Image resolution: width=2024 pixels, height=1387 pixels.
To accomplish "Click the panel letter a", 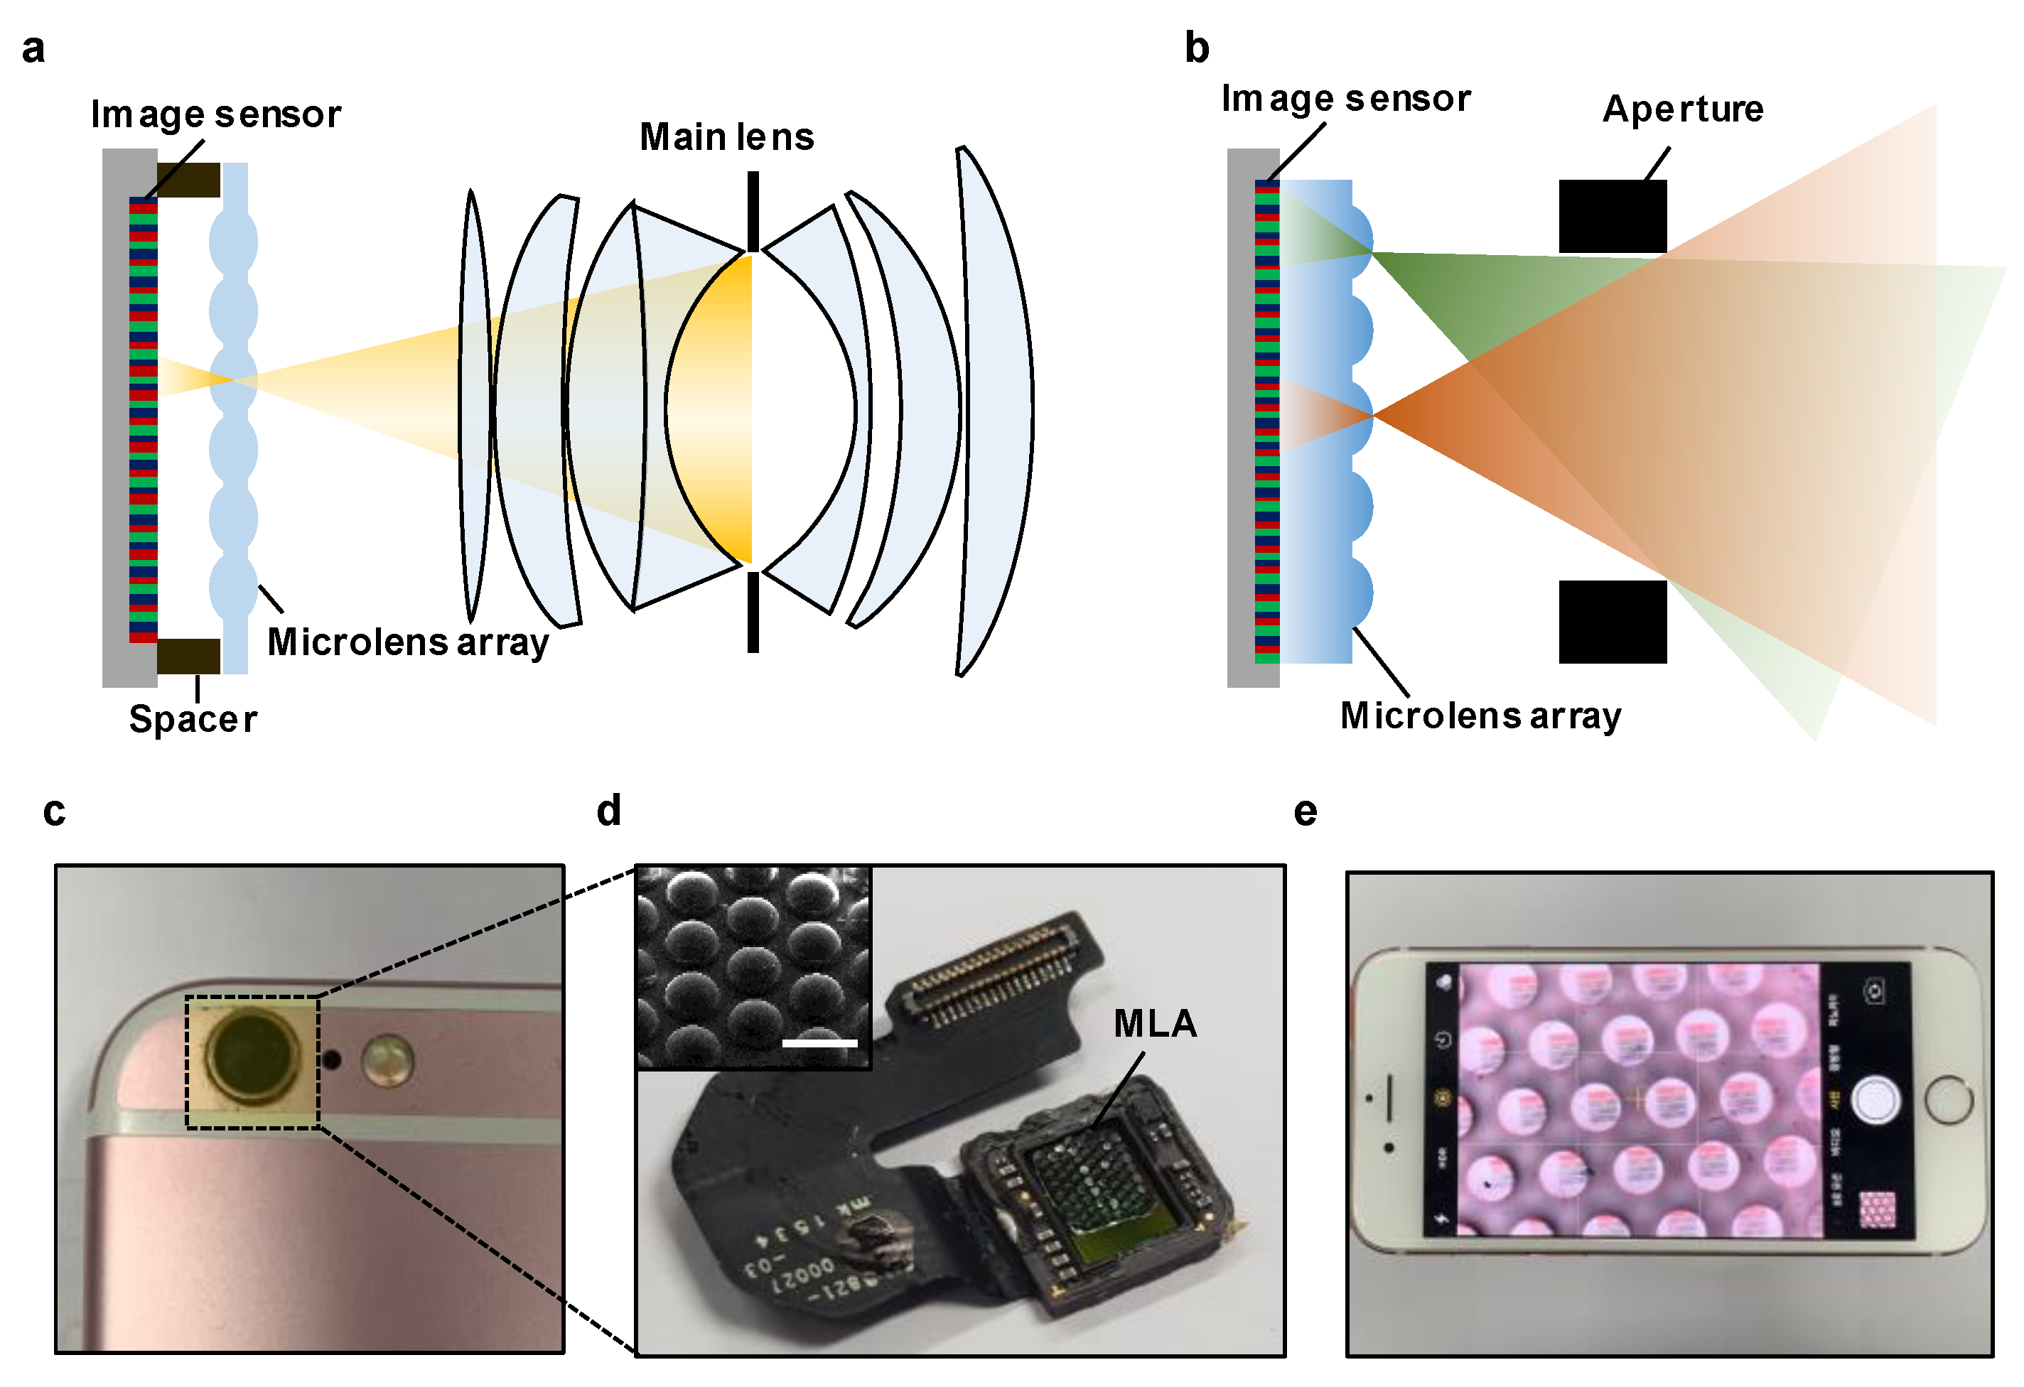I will pos(33,50).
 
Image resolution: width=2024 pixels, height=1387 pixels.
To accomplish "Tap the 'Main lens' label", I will pos(726,138).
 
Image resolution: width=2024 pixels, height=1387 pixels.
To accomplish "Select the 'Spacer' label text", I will pos(193,720).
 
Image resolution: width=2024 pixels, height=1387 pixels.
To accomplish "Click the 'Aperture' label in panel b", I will pos(1683,109).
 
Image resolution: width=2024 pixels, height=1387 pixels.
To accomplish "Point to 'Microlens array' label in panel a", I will pos(408,642).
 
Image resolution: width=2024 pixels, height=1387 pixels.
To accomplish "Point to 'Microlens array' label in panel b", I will pos(1480,716).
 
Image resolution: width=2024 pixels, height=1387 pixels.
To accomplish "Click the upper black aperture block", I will pos(1612,217).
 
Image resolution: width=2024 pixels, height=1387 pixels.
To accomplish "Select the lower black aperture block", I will pos(1612,622).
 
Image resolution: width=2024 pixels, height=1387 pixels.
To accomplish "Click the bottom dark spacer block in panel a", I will pos(188,657).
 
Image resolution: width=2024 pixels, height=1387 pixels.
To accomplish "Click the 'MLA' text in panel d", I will pos(1155,1024).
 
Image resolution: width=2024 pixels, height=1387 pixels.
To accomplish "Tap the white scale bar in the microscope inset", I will pos(819,1042).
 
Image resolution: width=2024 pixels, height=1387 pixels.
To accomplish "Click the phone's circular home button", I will pos(1949,1100).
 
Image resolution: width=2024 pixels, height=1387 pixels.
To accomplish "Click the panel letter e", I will pos(1305,811).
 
